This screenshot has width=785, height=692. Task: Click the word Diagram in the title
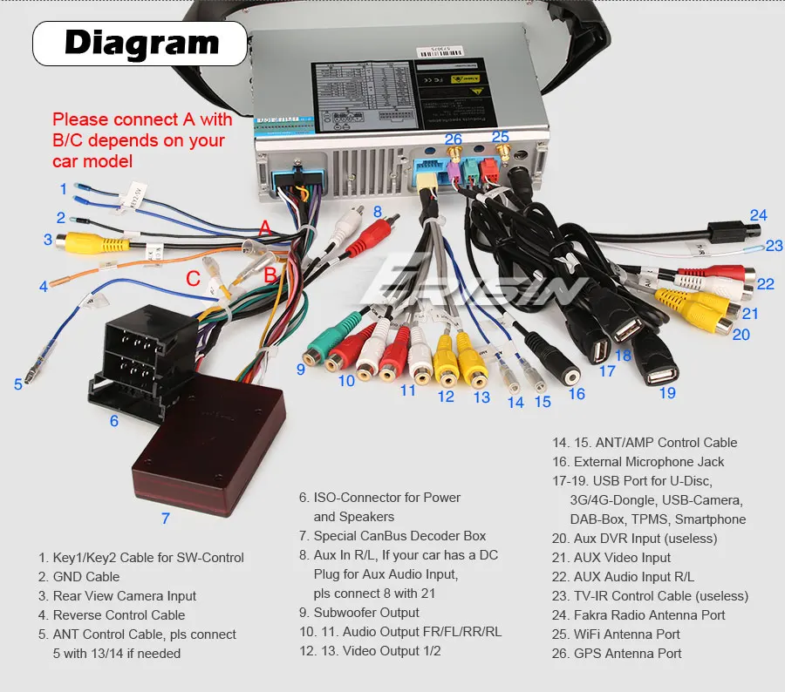click(141, 42)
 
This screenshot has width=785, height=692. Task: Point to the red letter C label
click(193, 280)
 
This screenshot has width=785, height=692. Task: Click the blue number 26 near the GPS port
click(453, 139)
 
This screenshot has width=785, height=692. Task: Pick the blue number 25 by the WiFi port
click(500, 137)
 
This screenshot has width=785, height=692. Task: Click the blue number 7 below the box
click(165, 519)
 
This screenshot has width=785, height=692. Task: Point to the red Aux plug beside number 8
click(365, 236)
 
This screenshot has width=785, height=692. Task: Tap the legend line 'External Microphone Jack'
click(649, 462)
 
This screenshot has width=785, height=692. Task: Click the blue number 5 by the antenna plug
click(17, 383)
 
